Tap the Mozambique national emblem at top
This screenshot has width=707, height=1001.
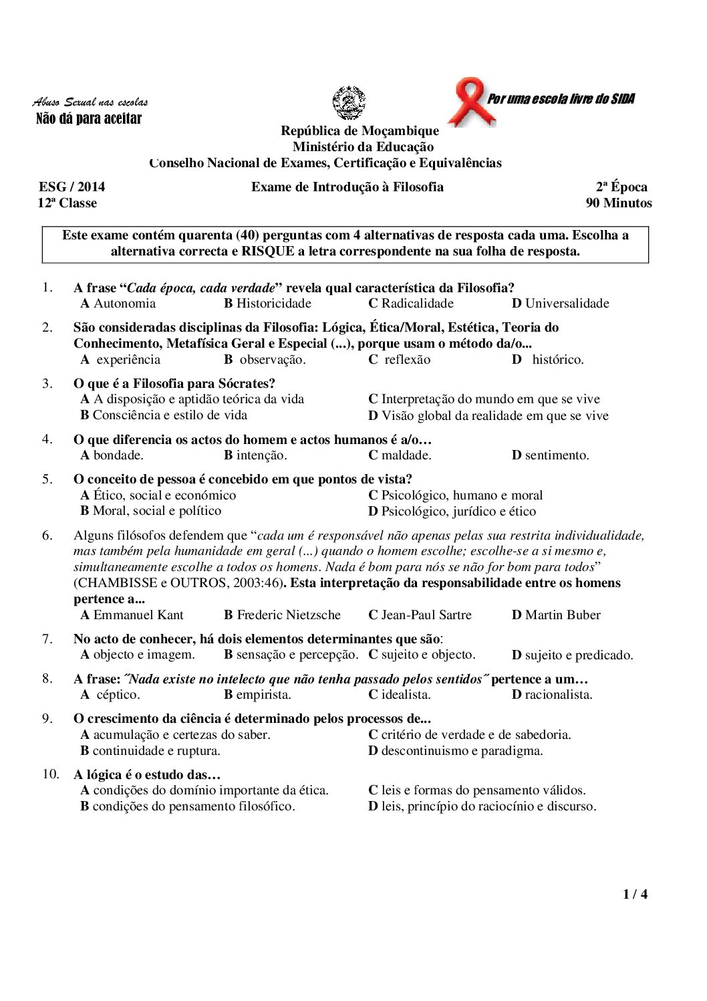pos(349,103)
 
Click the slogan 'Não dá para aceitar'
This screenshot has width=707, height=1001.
pos(88,119)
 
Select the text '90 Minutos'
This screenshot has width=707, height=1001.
pos(619,203)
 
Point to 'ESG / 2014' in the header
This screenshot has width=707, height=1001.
pos(72,187)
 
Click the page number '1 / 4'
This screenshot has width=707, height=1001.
pos(635,894)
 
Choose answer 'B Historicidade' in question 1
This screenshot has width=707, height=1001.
pos(268,304)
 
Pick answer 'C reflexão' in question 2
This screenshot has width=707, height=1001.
pos(400,360)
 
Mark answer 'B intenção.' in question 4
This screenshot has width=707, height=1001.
pos(255,455)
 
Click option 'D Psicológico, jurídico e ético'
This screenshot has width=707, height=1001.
pos(452,512)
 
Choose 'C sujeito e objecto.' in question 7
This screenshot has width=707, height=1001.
pos(422,655)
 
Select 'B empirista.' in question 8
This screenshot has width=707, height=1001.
pos(258,695)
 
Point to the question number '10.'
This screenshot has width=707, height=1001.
pos(51,774)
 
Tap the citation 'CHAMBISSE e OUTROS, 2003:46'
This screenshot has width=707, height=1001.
pos(176,583)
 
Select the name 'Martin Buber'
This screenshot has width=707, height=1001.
pos(562,615)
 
